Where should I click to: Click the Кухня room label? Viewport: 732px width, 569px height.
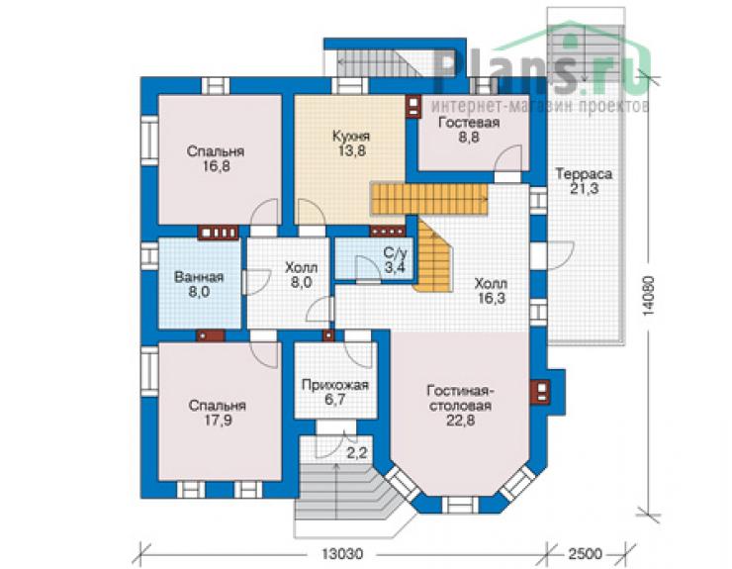(x=351, y=137)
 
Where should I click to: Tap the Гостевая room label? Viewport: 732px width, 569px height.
(x=469, y=123)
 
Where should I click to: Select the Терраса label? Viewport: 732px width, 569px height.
(x=584, y=174)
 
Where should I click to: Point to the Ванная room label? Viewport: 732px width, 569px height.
(x=199, y=277)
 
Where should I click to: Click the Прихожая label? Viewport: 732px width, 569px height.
(x=335, y=385)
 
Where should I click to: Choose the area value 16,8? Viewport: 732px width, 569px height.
(x=217, y=166)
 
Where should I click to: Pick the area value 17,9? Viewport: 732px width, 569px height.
(x=218, y=421)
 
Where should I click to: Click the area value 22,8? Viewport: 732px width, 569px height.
(x=460, y=421)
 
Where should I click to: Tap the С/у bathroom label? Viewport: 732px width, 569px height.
(x=396, y=253)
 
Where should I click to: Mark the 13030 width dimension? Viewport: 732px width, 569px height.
(x=342, y=554)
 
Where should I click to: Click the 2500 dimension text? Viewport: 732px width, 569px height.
(x=585, y=554)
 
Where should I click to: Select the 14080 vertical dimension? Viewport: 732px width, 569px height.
(x=649, y=296)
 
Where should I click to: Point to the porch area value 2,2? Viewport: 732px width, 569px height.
(x=357, y=452)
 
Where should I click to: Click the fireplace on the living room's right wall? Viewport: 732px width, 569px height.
(x=540, y=392)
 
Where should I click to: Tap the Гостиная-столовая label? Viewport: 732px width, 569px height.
(x=460, y=397)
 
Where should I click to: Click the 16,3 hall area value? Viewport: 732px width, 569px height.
(x=491, y=298)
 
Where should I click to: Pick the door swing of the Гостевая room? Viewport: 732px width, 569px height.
(x=507, y=159)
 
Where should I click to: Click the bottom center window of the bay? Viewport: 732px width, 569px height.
(x=460, y=505)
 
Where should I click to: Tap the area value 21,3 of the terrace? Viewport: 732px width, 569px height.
(x=584, y=189)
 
